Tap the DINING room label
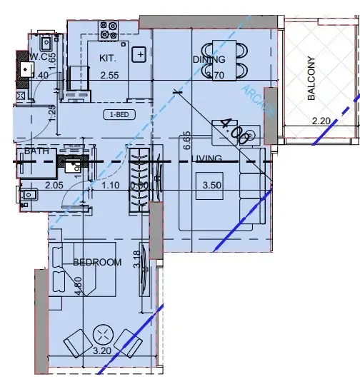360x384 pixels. point(209,60)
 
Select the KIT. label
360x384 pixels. point(109,59)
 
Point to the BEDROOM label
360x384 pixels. point(97,263)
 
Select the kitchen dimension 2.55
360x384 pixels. point(109,75)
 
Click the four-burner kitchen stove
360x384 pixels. point(109,30)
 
